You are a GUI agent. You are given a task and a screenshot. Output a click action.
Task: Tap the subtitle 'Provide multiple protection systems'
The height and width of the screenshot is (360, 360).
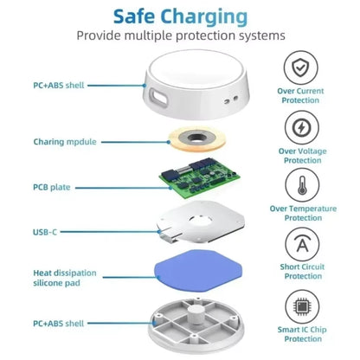pyautogui.click(x=180, y=35)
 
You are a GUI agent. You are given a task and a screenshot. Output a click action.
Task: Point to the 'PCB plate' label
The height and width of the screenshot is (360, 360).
pyautogui.click(x=51, y=187)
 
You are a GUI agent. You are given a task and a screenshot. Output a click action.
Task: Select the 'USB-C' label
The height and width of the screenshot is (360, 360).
pyautogui.click(x=46, y=231)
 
